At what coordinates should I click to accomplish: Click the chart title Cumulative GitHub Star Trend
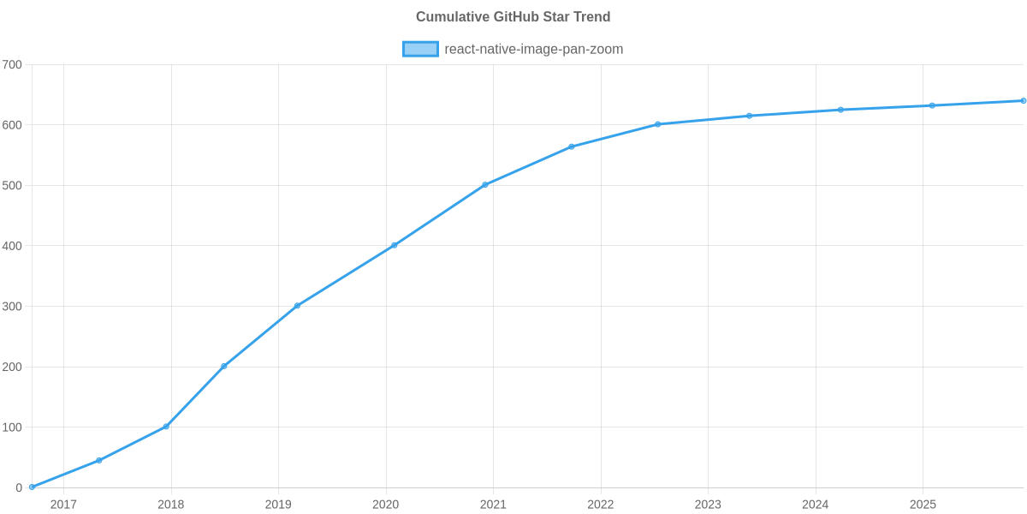(x=513, y=17)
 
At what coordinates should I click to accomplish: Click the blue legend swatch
(x=420, y=49)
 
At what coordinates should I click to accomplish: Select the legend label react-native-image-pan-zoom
(x=533, y=49)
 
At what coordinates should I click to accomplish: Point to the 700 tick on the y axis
(x=12, y=65)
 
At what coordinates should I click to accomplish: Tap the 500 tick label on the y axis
(x=12, y=186)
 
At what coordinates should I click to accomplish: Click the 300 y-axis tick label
(x=12, y=307)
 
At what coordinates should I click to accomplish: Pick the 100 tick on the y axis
(x=12, y=427)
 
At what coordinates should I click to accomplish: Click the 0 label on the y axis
(x=18, y=488)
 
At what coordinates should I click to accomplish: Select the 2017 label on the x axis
(x=63, y=505)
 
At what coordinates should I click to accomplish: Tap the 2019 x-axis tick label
(x=278, y=505)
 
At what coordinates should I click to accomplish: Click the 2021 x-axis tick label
(x=493, y=505)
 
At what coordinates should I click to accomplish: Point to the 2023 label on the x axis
(x=708, y=505)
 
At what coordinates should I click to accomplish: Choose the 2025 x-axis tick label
(x=923, y=505)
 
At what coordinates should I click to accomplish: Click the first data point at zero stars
(x=32, y=487)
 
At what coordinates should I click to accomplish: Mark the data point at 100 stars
(x=166, y=427)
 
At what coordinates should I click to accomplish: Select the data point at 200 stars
(x=224, y=366)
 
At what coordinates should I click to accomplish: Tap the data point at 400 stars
(x=395, y=245)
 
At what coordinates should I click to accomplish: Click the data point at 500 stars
(x=484, y=185)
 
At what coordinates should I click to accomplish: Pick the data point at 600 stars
(x=658, y=124)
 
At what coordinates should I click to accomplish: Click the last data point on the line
(x=1023, y=101)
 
